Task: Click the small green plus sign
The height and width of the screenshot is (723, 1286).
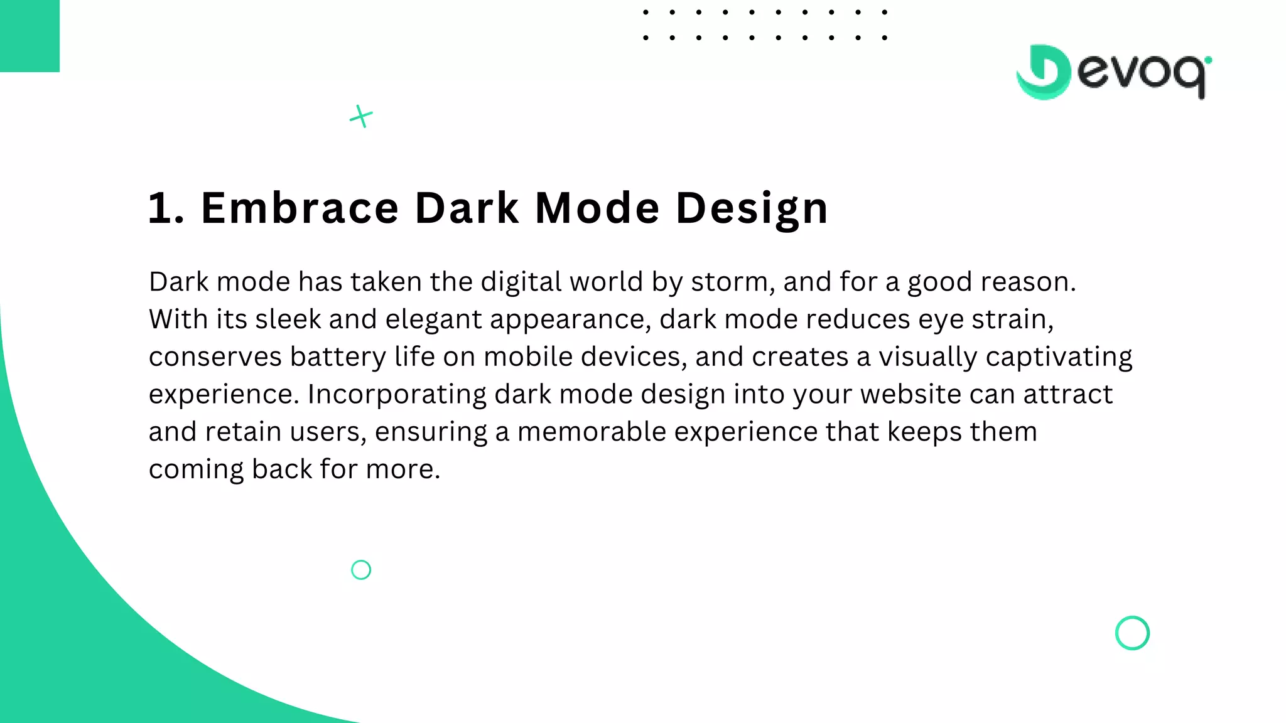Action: click(x=361, y=116)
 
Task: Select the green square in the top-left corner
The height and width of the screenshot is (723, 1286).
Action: click(x=30, y=36)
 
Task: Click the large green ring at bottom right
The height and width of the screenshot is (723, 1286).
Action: click(x=1132, y=633)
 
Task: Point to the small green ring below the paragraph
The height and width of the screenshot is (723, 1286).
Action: click(x=361, y=570)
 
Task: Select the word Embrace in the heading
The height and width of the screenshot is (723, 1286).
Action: click(x=300, y=208)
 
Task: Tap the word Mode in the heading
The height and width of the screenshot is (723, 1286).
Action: click(x=597, y=208)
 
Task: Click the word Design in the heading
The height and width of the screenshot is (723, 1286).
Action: click(x=752, y=209)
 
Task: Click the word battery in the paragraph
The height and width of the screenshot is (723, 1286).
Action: click(x=338, y=357)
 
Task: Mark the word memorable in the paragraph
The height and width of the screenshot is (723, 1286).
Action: click(x=592, y=432)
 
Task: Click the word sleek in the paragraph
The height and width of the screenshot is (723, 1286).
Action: click(x=288, y=319)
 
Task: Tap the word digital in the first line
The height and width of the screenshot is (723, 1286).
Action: click(x=521, y=282)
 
